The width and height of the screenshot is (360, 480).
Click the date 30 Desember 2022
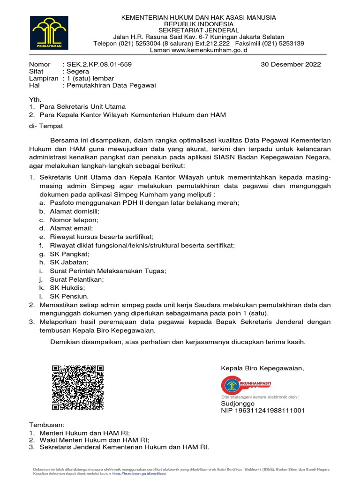pos(291,65)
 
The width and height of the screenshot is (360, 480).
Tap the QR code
pos(77,381)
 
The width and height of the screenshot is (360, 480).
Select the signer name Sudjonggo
pos(238,404)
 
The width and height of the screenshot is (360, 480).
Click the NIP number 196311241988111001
pos(263,411)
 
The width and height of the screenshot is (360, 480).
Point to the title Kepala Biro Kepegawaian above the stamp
pos(262,368)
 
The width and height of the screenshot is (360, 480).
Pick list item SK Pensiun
pos(69,296)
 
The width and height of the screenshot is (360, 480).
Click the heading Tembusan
pos(47,425)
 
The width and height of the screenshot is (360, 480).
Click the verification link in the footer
pos(145,474)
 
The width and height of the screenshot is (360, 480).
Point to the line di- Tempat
pos(46,126)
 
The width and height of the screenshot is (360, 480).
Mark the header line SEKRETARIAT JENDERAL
pos(198,30)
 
